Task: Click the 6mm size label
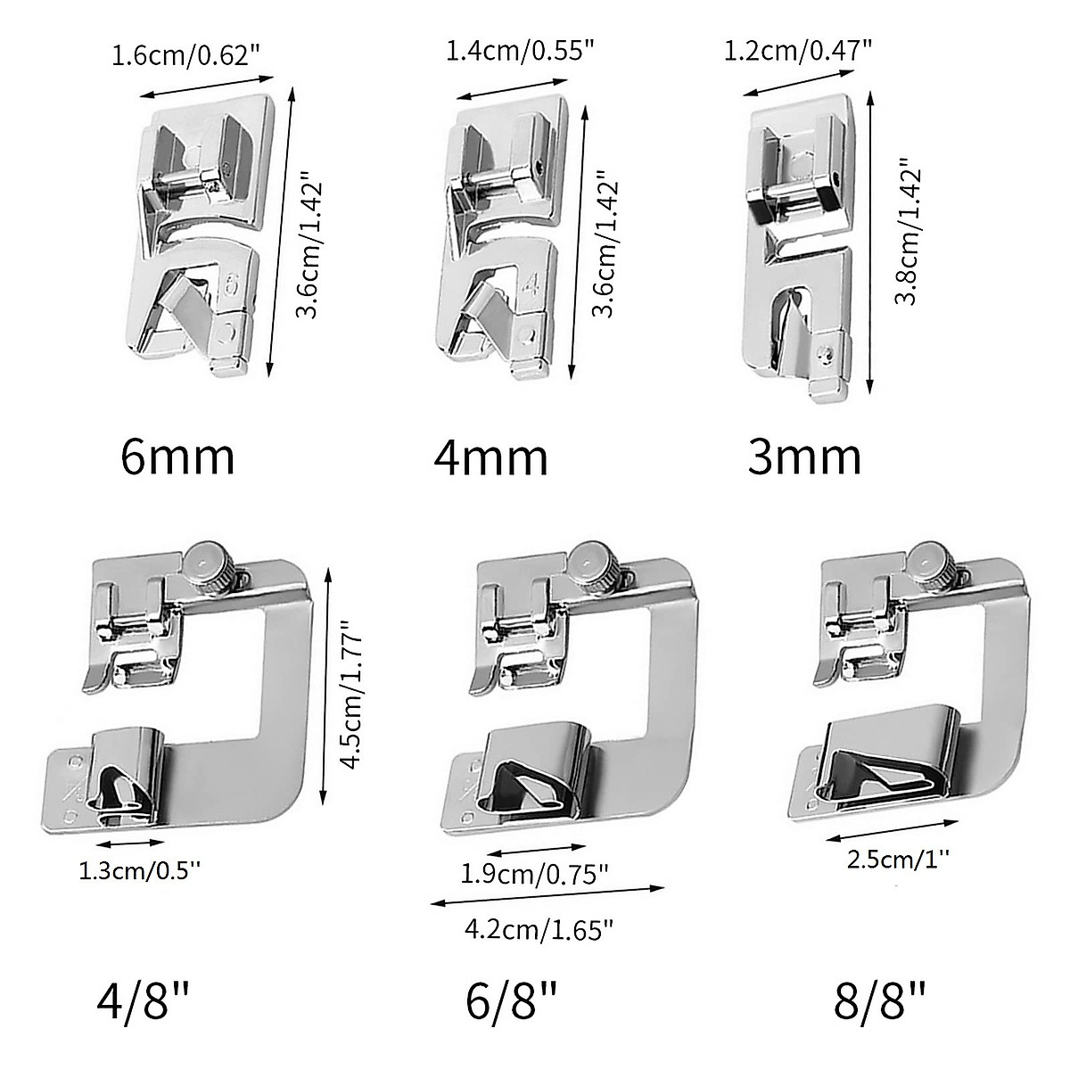pos(177,457)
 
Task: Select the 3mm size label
pos(804,457)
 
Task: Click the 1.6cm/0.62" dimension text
pos(186,56)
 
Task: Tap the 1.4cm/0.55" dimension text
pos(520,51)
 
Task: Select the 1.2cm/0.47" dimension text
pos(798,51)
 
